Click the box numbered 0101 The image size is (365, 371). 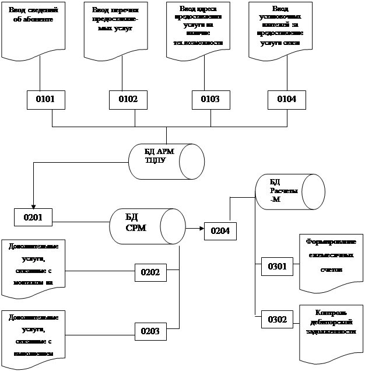(x=44, y=100)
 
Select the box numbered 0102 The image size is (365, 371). (x=128, y=100)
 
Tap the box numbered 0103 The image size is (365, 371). (x=209, y=100)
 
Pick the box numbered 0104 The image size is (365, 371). (x=286, y=100)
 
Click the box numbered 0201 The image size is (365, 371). (x=33, y=218)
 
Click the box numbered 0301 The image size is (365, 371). (x=277, y=267)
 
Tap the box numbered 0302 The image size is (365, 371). (x=277, y=320)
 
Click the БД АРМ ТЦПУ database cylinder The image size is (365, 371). (x=166, y=158)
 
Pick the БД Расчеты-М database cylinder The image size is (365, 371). (x=290, y=191)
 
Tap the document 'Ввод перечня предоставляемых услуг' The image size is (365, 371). (x=115, y=29)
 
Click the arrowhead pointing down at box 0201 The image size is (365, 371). (x=33, y=206)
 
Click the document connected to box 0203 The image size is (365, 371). (x=33, y=335)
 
